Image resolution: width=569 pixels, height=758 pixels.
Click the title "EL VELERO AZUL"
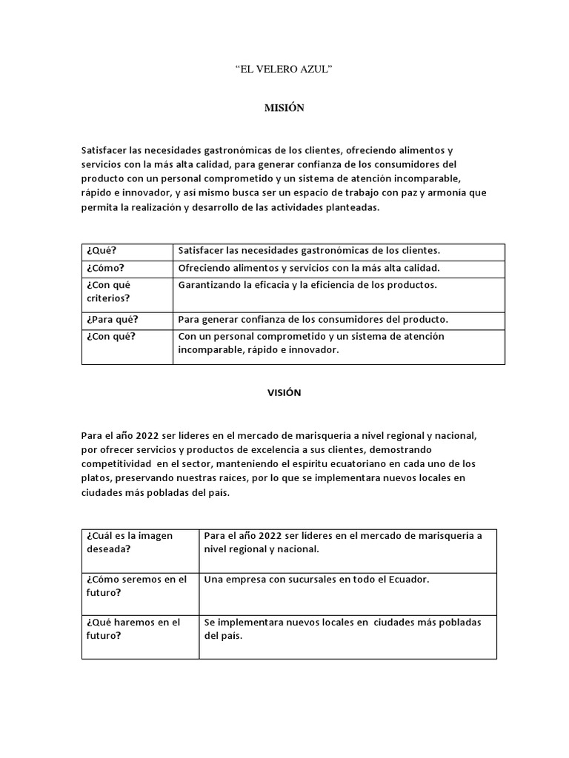[284, 70]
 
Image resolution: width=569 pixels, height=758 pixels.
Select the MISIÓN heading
[284, 108]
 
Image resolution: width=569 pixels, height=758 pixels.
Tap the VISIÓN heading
[284, 393]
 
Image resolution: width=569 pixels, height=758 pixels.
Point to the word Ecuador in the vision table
[407, 580]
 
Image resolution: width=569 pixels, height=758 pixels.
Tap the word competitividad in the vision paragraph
[119, 463]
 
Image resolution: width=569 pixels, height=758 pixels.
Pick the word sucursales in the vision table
[300, 580]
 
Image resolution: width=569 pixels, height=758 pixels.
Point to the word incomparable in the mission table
[207, 350]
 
